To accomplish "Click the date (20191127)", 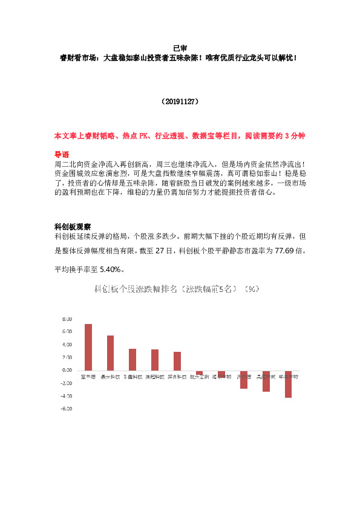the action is coord(180,103).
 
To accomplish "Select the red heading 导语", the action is coord(62,154).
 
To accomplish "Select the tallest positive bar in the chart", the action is coord(88,347).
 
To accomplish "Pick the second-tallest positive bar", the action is coord(110,352).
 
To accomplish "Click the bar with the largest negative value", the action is coord(288,384).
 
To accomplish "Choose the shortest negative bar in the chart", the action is coord(200,372).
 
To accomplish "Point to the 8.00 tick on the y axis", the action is coord(67,319).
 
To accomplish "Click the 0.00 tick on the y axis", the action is coord(67,370).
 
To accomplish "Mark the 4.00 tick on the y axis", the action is coord(67,345).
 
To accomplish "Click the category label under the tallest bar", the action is coord(88,376).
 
